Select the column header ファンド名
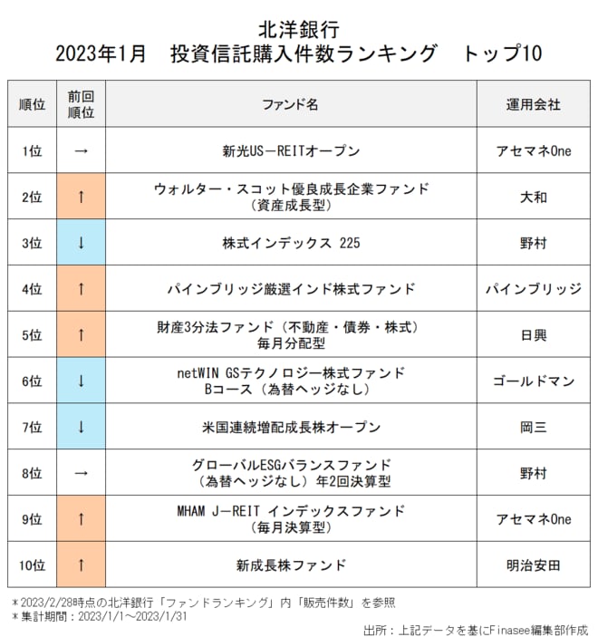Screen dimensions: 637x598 [x=291, y=104]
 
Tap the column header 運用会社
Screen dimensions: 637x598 [x=533, y=104]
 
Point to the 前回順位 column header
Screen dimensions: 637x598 [x=81, y=104]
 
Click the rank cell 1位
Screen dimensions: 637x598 [x=32, y=151]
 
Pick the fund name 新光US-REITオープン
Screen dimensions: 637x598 [x=291, y=151]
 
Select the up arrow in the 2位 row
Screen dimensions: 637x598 [x=81, y=197]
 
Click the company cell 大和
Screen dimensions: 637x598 [x=533, y=197]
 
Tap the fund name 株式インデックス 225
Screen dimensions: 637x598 [x=291, y=243]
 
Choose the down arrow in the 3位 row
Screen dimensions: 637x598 [x=81, y=243]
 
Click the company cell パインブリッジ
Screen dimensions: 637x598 [x=533, y=289]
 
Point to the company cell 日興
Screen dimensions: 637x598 [x=533, y=335]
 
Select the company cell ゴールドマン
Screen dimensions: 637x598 [x=533, y=381]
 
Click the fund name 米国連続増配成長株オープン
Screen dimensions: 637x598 [x=291, y=427]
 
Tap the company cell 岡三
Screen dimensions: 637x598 [x=533, y=427]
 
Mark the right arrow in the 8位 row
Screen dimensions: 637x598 [x=81, y=473]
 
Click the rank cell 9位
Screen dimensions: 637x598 [x=32, y=519]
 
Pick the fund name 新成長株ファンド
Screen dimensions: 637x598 [x=291, y=565]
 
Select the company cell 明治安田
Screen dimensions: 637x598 [x=533, y=565]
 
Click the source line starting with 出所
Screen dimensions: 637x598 [x=475, y=628]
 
